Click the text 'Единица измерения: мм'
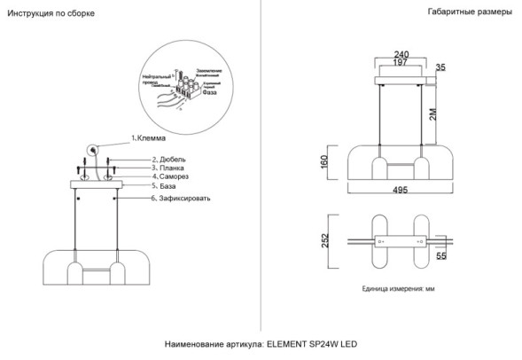[x=399, y=289]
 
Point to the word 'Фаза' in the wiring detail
[x=211, y=92]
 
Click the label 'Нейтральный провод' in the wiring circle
[x=156, y=80]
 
